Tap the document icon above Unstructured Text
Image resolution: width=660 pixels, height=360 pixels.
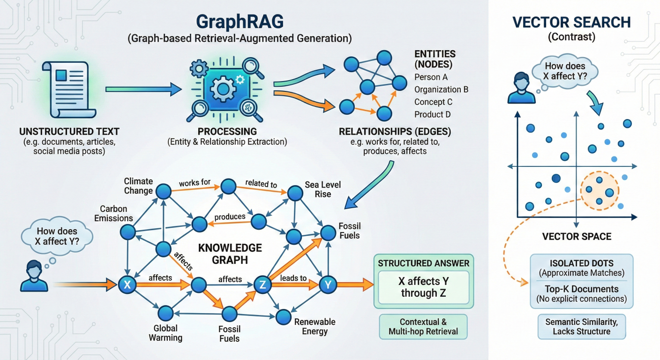click(69, 89)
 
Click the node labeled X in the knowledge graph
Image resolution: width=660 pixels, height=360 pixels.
click(127, 284)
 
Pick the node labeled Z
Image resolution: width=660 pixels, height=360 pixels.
click(262, 284)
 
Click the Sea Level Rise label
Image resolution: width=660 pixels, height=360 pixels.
click(323, 189)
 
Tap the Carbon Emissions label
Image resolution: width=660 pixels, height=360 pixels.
click(113, 213)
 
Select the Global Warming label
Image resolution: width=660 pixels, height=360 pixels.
click(165, 333)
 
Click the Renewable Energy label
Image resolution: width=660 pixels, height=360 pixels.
click(315, 327)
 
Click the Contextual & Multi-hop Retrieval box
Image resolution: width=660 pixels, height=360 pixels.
click(423, 327)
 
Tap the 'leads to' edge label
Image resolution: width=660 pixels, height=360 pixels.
click(293, 278)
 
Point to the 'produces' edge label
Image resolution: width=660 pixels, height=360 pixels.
click(230, 217)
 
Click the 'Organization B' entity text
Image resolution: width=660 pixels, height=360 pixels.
click(441, 90)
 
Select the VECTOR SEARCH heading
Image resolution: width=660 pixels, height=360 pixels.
click(571, 22)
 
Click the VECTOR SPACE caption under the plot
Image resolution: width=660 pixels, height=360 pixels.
click(577, 236)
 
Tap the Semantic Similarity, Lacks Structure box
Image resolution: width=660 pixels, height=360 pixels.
click(581, 327)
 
